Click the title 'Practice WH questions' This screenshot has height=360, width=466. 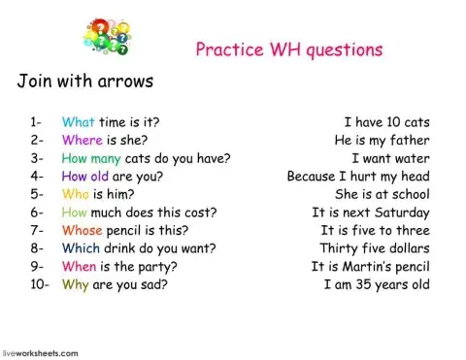point(289,50)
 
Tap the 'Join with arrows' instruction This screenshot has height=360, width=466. point(85,81)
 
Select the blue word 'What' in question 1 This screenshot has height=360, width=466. point(78,122)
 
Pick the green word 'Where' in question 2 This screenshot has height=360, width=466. point(82,141)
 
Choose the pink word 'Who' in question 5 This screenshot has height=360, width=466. point(76,194)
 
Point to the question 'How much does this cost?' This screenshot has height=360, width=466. point(139,213)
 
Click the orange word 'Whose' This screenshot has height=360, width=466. point(83,231)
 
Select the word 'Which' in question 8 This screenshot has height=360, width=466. point(81,248)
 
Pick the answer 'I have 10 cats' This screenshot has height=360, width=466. point(386,122)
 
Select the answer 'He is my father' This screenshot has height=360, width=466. point(382,141)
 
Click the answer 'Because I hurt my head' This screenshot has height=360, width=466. point(358,177)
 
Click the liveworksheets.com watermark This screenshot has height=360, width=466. point(40,353)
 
